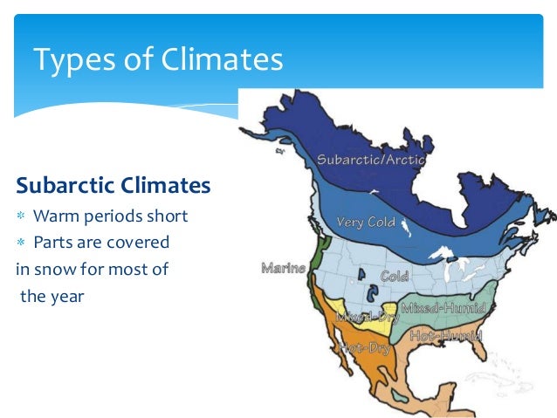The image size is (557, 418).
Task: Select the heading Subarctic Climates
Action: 113,186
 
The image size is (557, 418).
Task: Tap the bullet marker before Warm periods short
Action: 23,216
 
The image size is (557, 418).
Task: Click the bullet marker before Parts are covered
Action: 23,242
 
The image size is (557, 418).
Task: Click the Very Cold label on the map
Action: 367,222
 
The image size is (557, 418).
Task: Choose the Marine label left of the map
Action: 283,268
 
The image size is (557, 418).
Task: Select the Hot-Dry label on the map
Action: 364,348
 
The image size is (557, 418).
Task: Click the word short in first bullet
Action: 168,216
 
